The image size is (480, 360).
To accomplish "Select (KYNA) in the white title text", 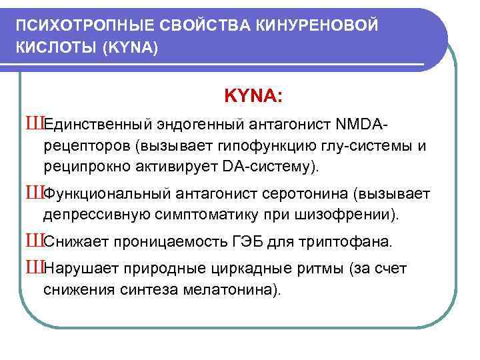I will pos(130,49).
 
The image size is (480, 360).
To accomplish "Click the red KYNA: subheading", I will pos(253,97).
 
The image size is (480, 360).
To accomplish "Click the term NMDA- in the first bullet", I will pos(363,125).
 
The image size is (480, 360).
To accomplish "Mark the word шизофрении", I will pos(357,215).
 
